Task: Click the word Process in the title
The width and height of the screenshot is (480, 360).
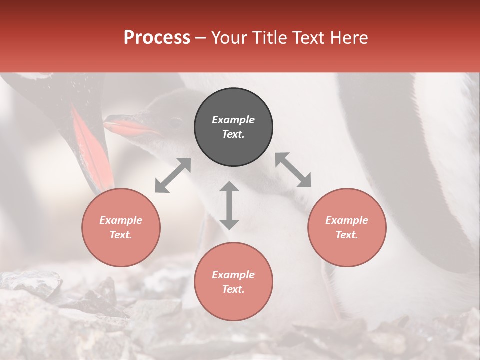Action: pyautogui.click(x=157, y=38)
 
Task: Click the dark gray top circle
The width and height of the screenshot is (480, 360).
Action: pyautogui.click(x=233, y=127)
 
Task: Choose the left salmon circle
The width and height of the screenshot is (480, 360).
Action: pyautogui.click(x=121, y=228)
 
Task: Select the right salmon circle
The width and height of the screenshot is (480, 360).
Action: pyautogui.click(x=347, y=228)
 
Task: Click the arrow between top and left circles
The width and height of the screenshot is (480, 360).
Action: pyautogui.click(x=173, y=175)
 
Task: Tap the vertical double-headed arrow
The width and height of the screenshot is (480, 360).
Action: pyautogui.click(x=229, y=205)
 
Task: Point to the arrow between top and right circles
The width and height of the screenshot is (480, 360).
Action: pyautogui.click(x=293, y=170)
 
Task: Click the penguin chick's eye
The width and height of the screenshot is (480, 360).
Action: pyautogui.click(x=176, y=121)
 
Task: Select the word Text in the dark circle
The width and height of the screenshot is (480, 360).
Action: pyautogui.click(x=233, y=134)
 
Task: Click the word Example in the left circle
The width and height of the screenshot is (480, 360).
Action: pyautogui.click(x=121, y=220)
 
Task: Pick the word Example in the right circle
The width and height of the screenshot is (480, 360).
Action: pyautogui.click(x=347, y=220)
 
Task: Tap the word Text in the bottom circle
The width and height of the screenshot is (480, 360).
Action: pyautogui.click(x=233, y=289)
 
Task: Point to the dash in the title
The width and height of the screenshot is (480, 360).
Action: pyautogui.click(x=200, y=38)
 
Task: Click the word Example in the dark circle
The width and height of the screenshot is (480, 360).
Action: pyautogui.click(x=233, y=120)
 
